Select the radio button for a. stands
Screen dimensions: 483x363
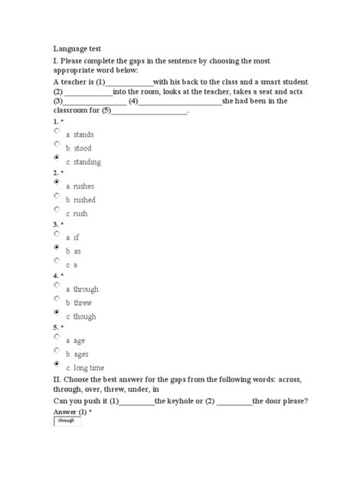point(57,131)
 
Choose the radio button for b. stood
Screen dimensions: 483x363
point(57,144)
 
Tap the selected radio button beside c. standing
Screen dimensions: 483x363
point(57,157)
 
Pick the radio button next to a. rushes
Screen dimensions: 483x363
point(57,182)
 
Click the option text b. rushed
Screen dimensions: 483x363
point(80,199)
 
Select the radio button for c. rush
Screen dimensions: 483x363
point(57,209)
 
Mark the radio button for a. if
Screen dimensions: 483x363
point(57,234)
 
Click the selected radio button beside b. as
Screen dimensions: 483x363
point(57,247)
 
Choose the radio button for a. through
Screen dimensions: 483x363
point(57,285)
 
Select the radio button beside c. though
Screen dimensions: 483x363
point(57,312)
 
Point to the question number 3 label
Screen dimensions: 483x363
point(55,224)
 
